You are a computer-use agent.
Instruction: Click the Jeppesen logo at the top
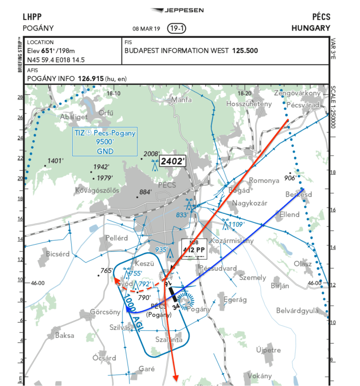coord(177,10)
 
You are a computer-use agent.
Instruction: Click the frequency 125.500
coord(245,51)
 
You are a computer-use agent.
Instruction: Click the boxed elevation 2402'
coord(173,161)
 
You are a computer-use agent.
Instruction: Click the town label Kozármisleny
coord(232,241)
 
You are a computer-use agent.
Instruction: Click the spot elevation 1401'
coord(55,161)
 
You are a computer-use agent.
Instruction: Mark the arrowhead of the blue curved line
coord(128,309)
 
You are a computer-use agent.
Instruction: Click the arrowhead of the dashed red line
coord(115,280)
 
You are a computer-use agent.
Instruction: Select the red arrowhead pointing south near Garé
coord(175,378)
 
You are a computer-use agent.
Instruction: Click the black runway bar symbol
coord(172,292)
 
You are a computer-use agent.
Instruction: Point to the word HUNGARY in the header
coord(311,28)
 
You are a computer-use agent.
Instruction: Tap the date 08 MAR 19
coord(146,29)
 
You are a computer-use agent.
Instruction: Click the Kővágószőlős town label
coord(97,190)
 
